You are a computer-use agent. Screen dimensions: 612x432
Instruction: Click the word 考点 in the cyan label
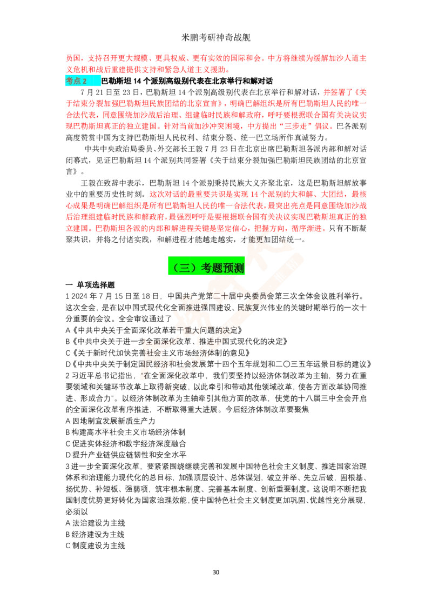73,81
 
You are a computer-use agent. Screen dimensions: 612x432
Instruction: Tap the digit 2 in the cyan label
84,81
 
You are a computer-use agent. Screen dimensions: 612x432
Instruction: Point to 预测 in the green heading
233,268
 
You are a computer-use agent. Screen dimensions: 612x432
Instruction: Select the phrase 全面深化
162,342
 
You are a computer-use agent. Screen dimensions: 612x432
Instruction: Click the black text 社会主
157,352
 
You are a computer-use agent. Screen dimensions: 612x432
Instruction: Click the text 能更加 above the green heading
259,239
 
